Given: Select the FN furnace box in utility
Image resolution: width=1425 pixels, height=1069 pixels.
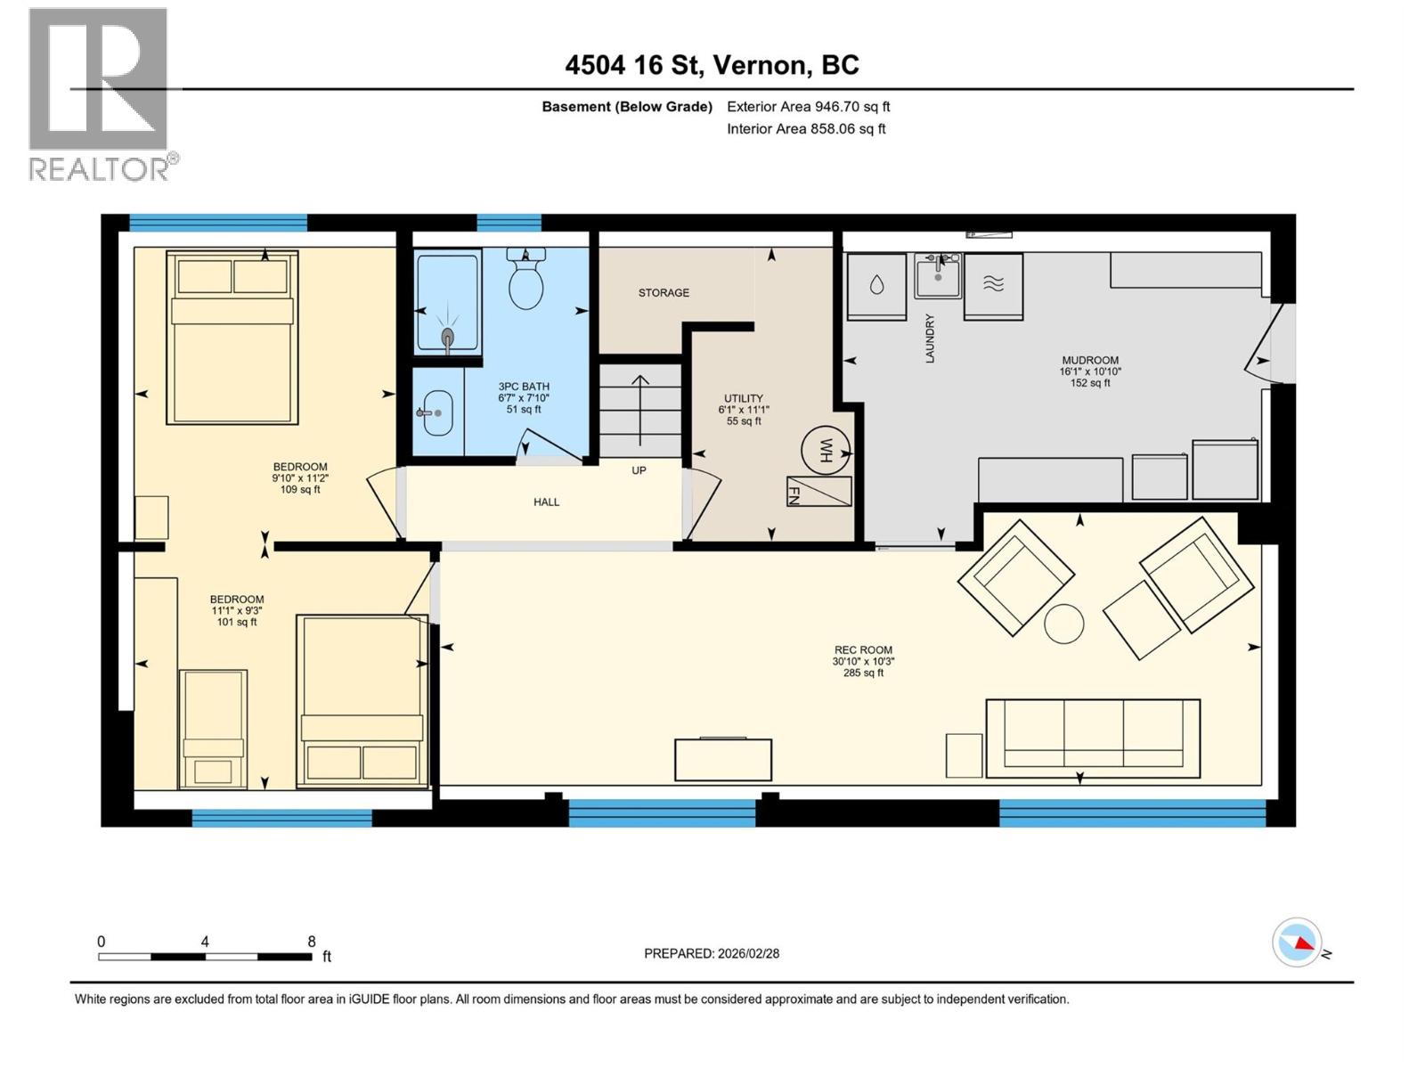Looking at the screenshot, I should pyautogui.click(x=818, y=492).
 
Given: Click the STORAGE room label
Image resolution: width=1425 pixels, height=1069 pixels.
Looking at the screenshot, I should pyautogui.click(x=664, y=292).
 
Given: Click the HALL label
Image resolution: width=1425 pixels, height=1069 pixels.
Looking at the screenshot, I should pyautogui.click(x=546, y=502).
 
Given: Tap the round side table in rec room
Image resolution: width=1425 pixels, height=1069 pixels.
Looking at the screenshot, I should pyautogui.click(x=1063, y=624).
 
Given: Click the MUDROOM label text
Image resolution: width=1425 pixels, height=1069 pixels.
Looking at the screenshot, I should pyautogui.click(x=1090, y=361).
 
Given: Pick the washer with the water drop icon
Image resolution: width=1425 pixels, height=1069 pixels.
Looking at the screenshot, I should pyautogui.click(x=876, y=285).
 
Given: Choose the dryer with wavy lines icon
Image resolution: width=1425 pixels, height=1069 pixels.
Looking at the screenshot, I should pyautogui.click(x=993, y=285).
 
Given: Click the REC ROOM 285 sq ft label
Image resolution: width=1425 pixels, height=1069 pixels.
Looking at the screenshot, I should pyautogui.click(x=863, y=661).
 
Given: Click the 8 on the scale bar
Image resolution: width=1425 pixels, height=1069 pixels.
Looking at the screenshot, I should pyautogui.click(x=311, y=942).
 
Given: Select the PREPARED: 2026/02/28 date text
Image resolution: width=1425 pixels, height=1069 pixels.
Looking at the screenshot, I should pyautogui.click(x=712, y=953).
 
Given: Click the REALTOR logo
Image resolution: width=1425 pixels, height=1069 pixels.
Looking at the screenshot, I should pyautogui.click(x=100, y=94).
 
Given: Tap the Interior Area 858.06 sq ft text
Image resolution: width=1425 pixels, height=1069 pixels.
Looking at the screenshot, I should pyautogui.click(x=806, y=128).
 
